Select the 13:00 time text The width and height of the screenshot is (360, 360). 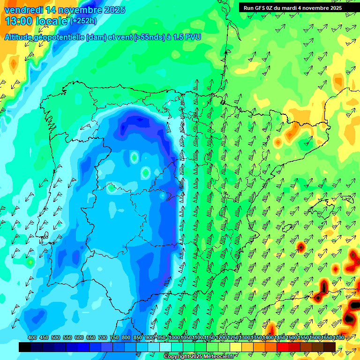[18, 21]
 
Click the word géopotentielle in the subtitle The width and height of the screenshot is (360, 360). [58, 37]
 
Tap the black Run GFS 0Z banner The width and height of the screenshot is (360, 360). [292, 7]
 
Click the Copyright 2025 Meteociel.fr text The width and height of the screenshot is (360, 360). [198, 357]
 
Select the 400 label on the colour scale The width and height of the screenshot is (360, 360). [32, 338]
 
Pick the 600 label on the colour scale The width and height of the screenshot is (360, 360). [79, 338]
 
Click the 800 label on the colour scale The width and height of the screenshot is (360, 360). [126, 338]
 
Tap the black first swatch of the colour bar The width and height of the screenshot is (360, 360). [25, 347]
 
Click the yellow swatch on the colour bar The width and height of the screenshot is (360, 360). [236, 347]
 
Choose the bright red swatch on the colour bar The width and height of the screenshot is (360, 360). [283, 347]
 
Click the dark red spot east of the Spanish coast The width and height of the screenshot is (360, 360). [301, 246]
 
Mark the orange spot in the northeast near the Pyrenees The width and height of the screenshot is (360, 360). [278, 142]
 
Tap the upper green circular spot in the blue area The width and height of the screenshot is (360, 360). [135, 157]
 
